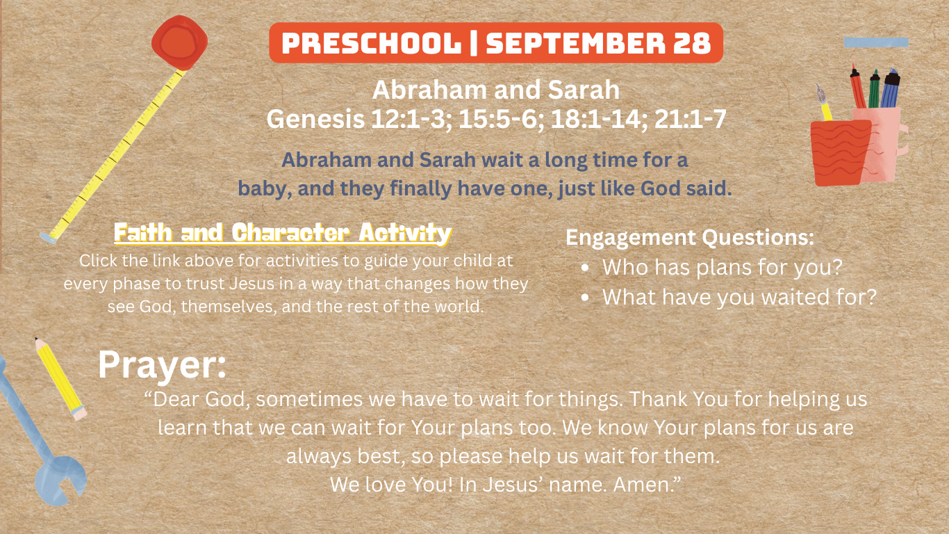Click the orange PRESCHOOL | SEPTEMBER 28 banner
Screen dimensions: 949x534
(x=495, y=43)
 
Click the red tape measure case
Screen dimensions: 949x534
(x=180, y=42)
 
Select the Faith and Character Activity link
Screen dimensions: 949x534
(x=283, y=233)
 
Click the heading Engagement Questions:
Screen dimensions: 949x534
(x=690, y=237)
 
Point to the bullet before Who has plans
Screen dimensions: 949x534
(x=585, y=268)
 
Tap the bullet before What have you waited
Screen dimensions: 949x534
(x=585, y=298)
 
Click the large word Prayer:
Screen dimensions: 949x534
(x=163, y=365)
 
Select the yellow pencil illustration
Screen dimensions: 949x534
(x=60, y=378)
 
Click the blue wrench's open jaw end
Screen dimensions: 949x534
(x=60, y=481)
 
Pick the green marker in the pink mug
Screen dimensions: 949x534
(x=874, y=89)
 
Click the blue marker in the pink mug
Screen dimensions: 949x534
(x=890, y=88)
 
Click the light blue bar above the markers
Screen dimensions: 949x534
(x=876, y=42)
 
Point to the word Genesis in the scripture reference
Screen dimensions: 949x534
(x=315, y=119)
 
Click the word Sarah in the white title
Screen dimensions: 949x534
(x=584, y=90)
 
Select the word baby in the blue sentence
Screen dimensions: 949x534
(x=264, y=188)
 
